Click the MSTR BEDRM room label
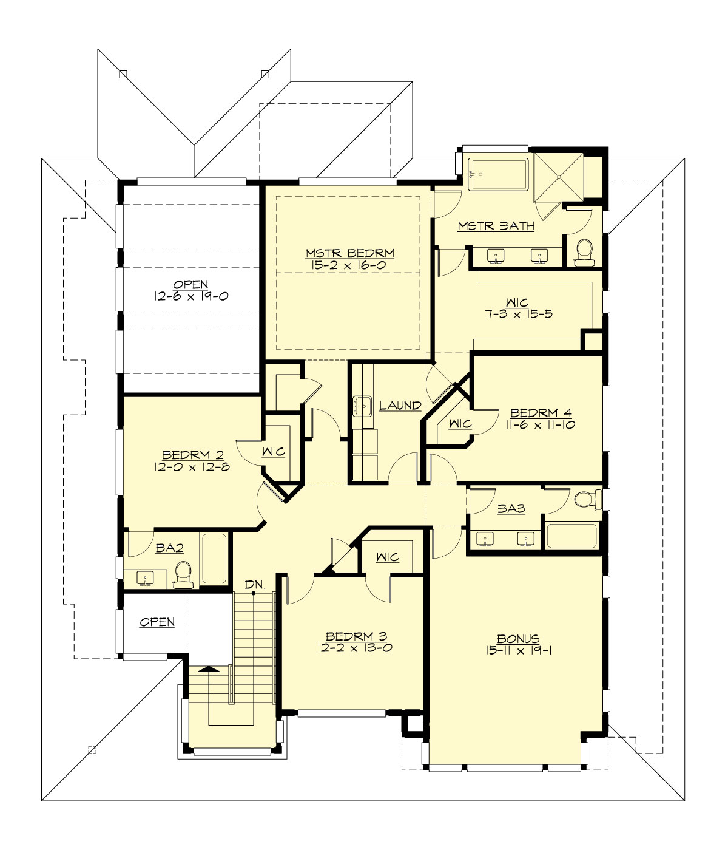[350, 252]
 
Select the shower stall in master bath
[558, 175]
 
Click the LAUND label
[400, 405]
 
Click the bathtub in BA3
[571, 536]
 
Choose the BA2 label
[169, 548]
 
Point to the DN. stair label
[255, 584]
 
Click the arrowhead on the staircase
[208, 669]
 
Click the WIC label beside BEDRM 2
[273, 452]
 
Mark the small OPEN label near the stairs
[157, 622]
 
